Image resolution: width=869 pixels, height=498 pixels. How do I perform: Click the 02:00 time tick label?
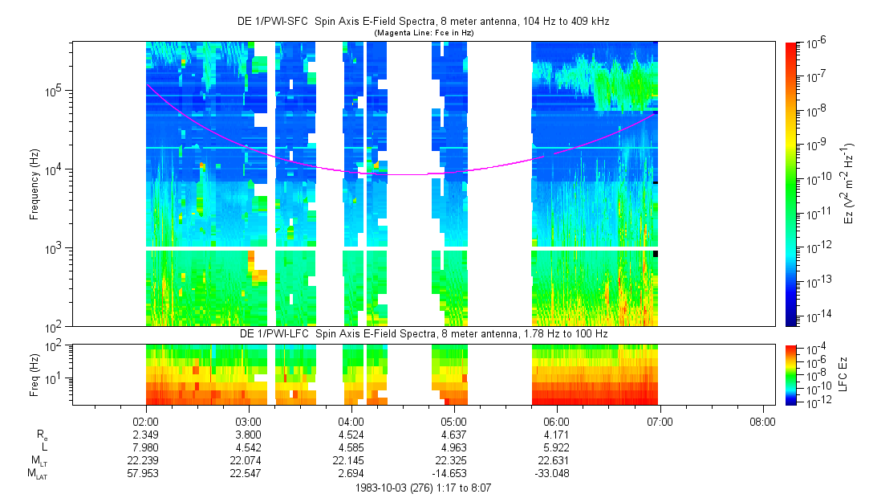point(146,421)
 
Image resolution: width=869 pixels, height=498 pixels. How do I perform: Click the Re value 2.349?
point(146,435)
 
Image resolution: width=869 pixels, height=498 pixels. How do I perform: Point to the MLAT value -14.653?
point(454,473)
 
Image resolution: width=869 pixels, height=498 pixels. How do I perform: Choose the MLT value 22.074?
point(249,460)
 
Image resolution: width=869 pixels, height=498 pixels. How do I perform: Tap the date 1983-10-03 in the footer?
point(386,487)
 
